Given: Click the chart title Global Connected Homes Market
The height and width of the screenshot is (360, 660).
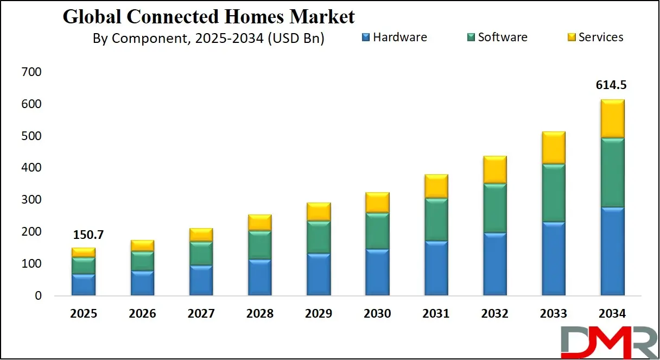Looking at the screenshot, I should coord(208,17).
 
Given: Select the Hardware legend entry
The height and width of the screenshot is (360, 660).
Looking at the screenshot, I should coord(394,37).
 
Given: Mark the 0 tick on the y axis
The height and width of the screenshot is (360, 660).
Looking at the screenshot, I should coord(37,296).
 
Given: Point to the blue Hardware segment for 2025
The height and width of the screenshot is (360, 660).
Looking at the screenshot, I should coord(84,285).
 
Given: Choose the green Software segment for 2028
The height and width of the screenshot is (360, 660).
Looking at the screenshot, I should coord(259,245).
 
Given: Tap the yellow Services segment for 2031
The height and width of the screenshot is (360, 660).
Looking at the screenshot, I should coord(436,186).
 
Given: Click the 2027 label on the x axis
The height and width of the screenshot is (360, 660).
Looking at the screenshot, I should coord(201,314).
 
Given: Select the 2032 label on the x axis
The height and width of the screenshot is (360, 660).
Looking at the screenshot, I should coord(494,314).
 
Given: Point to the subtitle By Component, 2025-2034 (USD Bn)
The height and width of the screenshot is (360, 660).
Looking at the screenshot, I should coord(208,39).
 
